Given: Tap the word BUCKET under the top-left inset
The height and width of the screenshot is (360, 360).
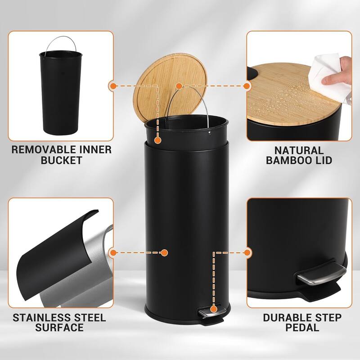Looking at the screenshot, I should coord(60,161).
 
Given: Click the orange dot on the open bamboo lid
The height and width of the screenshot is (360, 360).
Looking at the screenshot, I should coord(179,85).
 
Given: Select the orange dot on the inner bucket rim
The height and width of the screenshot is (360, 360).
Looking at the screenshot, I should coord(157,140).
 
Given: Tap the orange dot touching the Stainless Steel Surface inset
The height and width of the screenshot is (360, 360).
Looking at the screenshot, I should coord(112,253).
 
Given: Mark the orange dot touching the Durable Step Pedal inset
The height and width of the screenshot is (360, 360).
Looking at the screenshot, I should coord(247,253).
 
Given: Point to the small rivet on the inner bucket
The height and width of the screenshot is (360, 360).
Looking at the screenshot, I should coord(210,132).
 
